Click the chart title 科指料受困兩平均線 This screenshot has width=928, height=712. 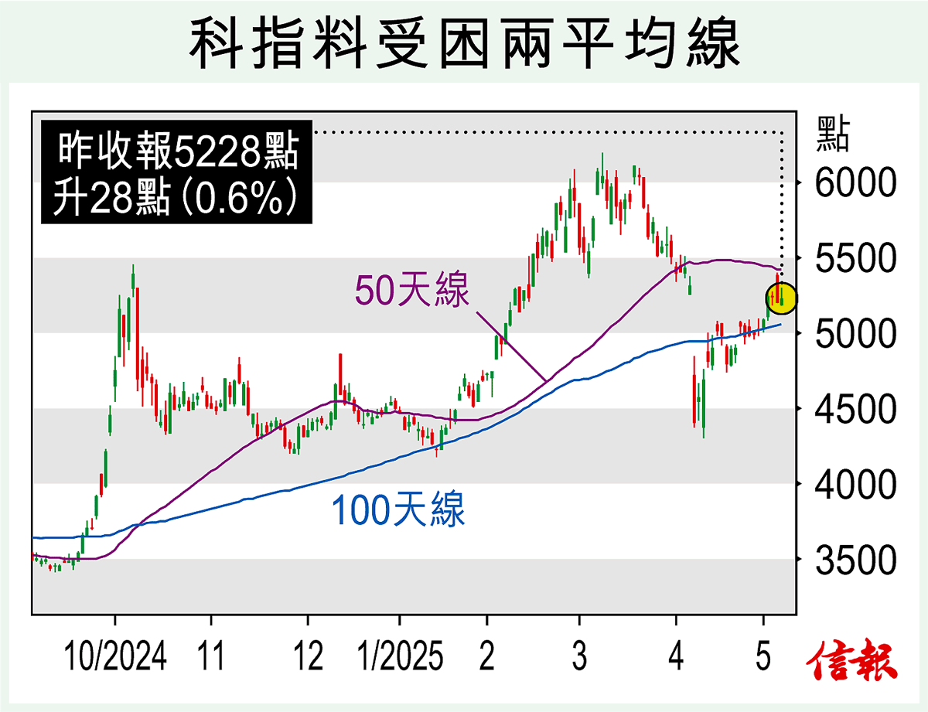point(463,44)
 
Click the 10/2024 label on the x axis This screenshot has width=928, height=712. point(115,658)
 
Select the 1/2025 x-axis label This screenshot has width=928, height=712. point(400,658)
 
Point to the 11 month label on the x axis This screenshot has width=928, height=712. point(210,658)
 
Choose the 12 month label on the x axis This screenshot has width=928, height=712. point(308,658)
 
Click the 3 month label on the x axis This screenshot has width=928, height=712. point(579,658)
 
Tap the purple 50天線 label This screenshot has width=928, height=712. point(412,292)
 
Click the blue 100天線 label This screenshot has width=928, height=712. point(398,511)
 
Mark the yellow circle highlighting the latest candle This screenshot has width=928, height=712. point(782,298)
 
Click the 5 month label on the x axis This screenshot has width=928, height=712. point(764,658)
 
